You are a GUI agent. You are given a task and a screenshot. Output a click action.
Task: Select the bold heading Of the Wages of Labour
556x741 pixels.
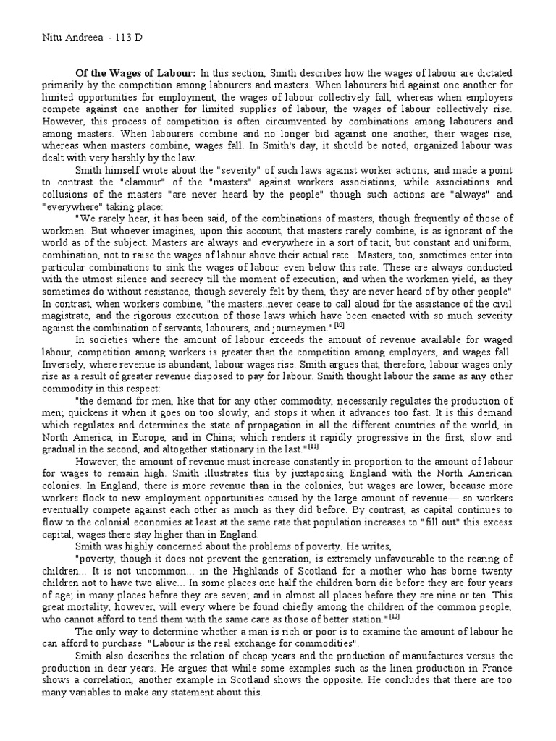coord(136,74)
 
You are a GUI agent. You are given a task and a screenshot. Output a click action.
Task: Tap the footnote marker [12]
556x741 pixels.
coord(394,618)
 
